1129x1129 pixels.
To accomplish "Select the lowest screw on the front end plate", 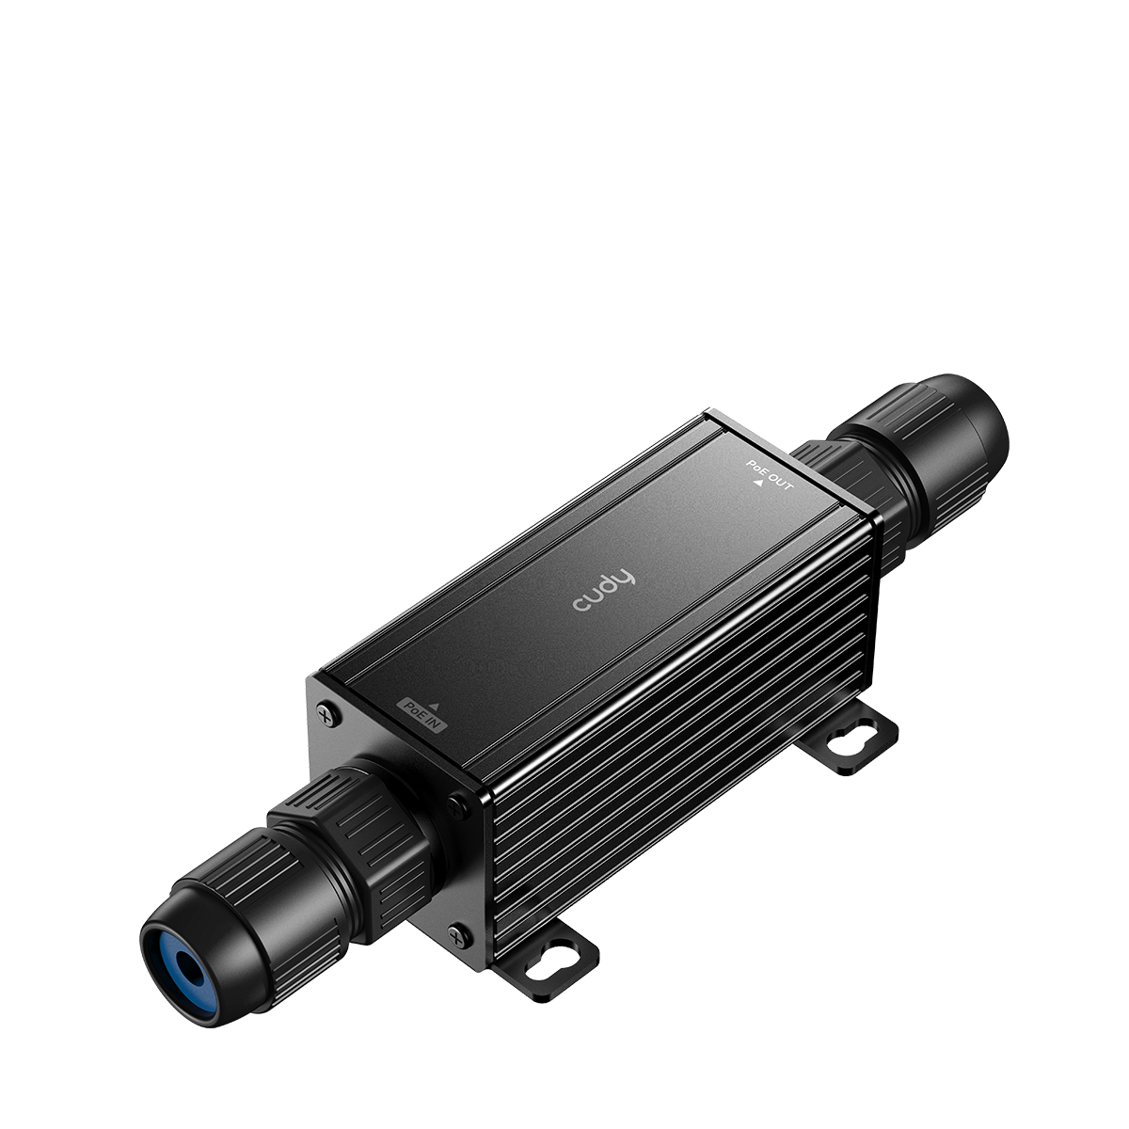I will tap(457, 935).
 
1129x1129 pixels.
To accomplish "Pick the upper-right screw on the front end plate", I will tap(458, 804).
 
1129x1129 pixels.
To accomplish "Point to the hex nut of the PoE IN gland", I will tap(358, 828).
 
